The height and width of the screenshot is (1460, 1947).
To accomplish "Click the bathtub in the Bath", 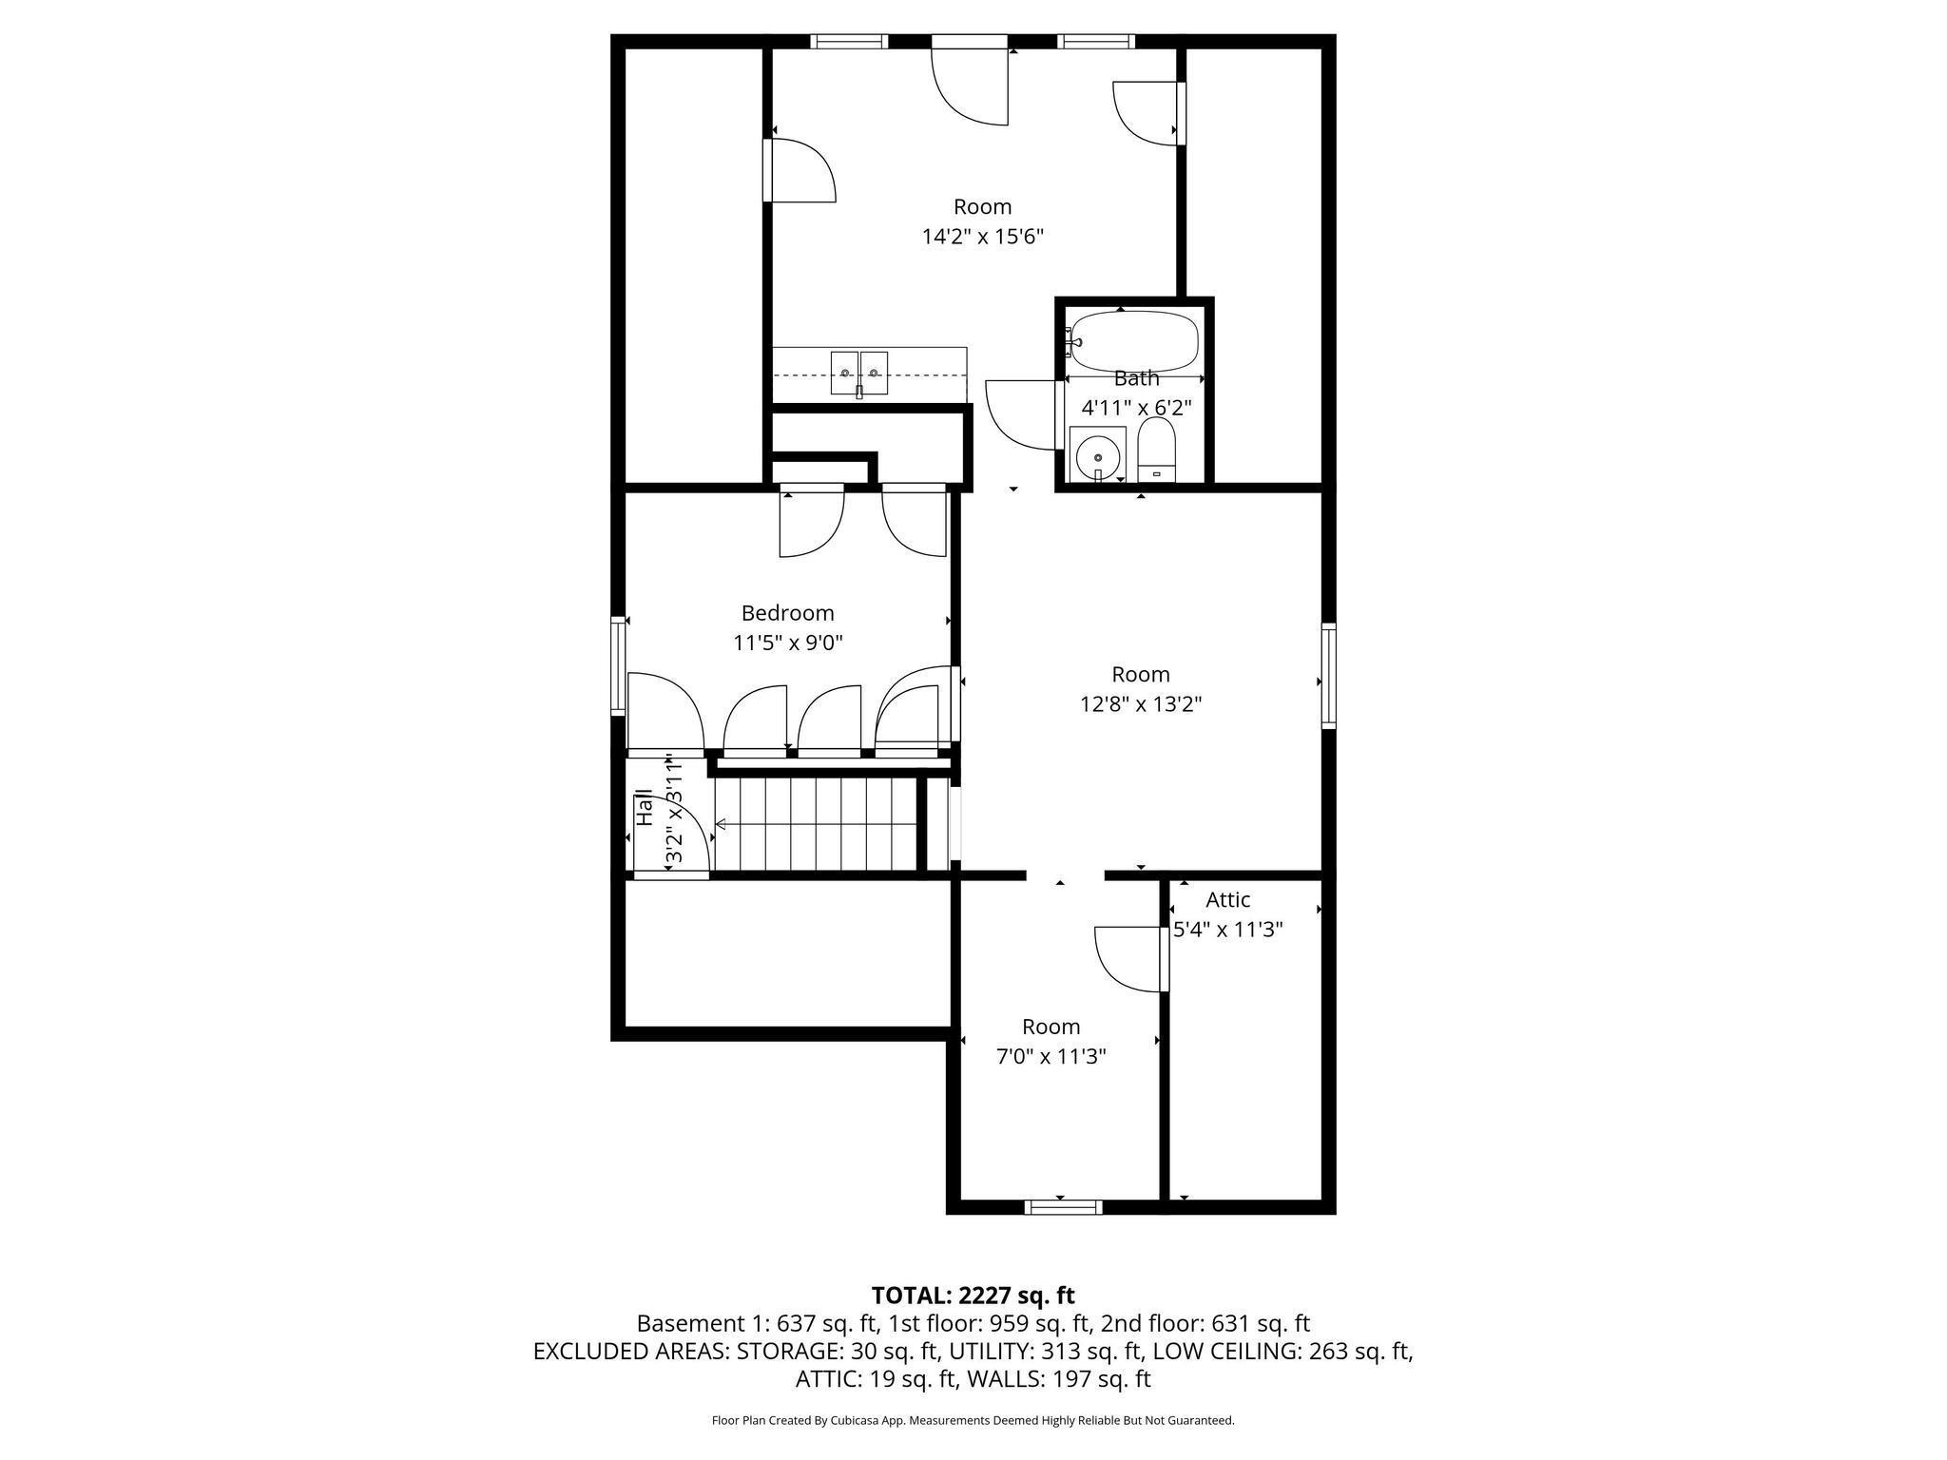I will click(1132, 339).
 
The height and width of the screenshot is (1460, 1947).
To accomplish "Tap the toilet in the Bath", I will click(1156, 452).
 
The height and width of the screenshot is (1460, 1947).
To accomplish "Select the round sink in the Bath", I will click(1097, 456).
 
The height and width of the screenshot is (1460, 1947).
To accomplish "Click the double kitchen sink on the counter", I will click(858, 373).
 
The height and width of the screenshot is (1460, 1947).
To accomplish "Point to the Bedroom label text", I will click(787, 613).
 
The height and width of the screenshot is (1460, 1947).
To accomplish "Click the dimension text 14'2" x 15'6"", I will click(982, 237).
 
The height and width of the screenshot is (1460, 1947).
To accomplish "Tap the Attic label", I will click(1227, 899).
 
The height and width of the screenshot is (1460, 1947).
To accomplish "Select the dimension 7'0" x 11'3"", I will click(1051, 1056).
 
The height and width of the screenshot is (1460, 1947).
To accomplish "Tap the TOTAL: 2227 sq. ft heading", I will click(973, 1295).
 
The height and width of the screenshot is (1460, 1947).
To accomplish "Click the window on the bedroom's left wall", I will click(618, 664).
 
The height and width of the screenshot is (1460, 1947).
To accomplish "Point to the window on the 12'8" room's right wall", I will click(1328, 675).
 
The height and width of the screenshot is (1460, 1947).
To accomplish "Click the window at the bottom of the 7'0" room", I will click(1063, 1207).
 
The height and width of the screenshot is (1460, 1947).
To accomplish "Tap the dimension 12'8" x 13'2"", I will click(1140, 704).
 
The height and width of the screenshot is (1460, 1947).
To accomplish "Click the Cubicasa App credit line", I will click(973, 1420).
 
